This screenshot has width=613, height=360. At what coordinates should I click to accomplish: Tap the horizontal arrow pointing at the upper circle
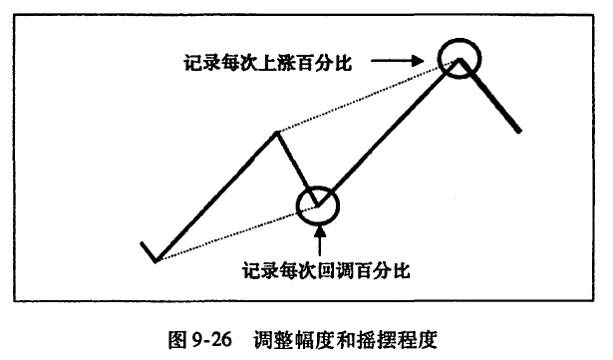pos(397,60)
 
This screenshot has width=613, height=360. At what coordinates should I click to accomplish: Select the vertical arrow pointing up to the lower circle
pos(320,241)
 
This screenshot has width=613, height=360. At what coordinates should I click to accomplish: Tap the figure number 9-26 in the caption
pos(212,339)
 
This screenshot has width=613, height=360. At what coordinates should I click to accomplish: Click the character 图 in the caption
pos(177,339)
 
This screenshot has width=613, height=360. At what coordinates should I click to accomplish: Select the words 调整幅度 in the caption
pos(290,339)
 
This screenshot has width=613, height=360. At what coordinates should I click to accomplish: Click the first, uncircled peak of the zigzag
pos(276,133)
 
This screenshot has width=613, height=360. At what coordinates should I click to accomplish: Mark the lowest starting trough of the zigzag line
pos(155,260)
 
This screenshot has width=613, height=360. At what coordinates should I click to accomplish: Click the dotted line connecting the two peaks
pos(368,97)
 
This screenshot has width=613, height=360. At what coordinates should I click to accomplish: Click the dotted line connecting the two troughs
pos(237,232)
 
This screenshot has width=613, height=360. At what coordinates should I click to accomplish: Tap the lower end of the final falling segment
pos(519,132)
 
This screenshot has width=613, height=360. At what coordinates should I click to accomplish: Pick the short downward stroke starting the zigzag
pos(149,251)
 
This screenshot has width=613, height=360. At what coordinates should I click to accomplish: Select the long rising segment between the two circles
pos(389,132)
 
